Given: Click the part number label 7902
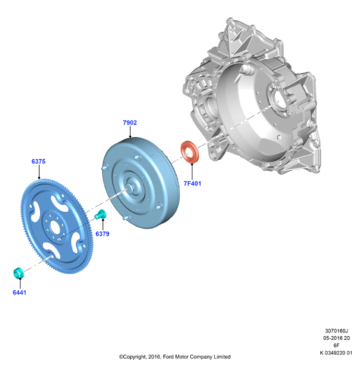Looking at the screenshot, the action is coord(130,123).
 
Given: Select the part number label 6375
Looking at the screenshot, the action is coord(39,161).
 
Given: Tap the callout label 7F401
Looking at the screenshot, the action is coord(192,184).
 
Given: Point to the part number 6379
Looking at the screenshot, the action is coord(102,234).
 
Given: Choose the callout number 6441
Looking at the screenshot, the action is coord(19,292).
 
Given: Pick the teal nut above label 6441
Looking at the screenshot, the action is coord(18,273).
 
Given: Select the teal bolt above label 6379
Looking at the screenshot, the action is coord(100,214).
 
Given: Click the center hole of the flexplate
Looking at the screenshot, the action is coord(55,227).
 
